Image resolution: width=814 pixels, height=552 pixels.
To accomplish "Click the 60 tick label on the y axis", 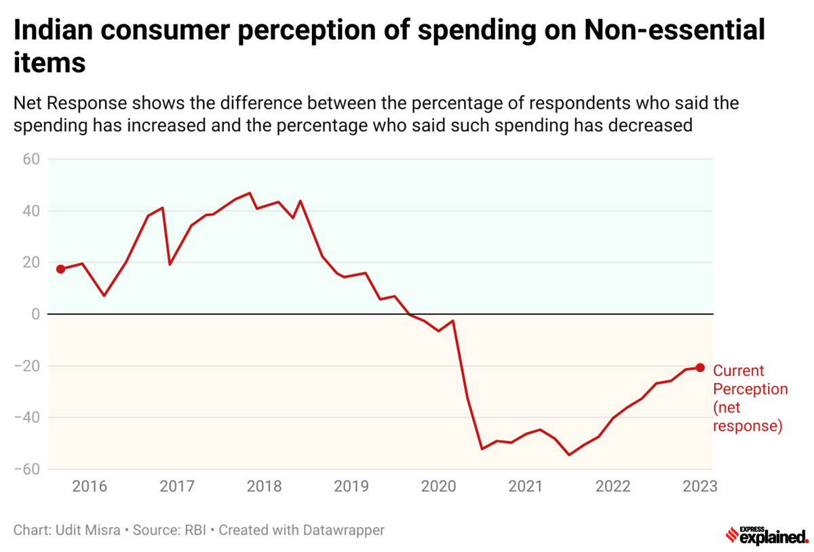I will pos(32,159).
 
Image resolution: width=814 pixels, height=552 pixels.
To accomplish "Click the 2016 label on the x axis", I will pos(90,487).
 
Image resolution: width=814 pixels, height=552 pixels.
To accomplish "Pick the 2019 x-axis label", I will pos(351,487).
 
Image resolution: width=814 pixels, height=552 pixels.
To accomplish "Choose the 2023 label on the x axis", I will pos(699,487).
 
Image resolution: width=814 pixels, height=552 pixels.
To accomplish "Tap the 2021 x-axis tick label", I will pos(525,487).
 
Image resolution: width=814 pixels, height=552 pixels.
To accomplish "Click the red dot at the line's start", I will pos(60,269).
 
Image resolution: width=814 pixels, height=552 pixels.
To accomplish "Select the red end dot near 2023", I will pos(700,367).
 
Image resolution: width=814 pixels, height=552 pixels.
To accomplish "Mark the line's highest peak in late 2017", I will pos(250,193).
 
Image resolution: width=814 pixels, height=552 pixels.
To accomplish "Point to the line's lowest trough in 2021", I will pos(568,455).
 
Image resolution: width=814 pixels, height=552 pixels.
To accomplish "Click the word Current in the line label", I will pos(738,371).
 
